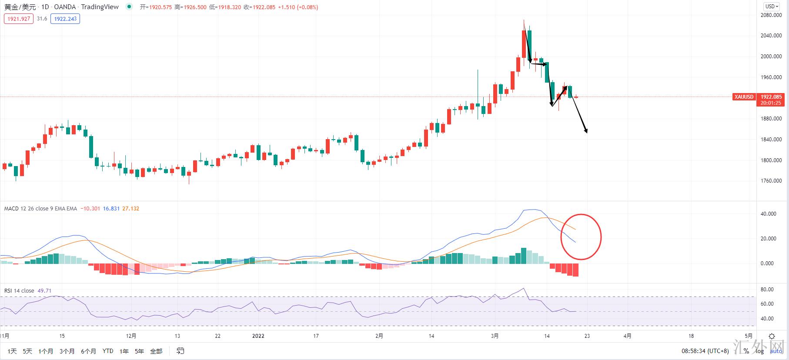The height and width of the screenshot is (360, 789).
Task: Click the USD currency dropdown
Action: coord(772,6)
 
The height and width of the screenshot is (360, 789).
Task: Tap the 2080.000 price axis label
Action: coord(771,15)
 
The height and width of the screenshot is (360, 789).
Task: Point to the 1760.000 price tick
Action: coord(771,181)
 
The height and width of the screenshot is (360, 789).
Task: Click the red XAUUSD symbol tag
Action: coord(744,97)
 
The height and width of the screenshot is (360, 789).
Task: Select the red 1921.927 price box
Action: coord(19,19)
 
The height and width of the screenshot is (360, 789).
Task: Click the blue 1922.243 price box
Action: coord(65,19)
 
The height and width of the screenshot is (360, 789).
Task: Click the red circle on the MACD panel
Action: coord(581,237)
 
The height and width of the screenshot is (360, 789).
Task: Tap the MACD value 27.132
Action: coord(130,209)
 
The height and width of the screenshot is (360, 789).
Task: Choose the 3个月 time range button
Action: coord(67,351)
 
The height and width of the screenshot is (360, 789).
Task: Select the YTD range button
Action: coord(107,351)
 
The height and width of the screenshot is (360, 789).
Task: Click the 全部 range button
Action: coord(156,351)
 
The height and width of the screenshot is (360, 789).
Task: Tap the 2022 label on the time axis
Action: coord(258,336)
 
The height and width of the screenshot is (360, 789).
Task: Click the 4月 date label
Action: coord(627,336)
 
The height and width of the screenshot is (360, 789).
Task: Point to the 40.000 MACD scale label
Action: coord(768,214)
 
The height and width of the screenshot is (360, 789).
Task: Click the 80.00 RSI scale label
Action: coord(767,290)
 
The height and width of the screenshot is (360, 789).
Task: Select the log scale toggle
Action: coord(760,351)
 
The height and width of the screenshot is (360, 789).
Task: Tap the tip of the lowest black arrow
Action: coord(587,133)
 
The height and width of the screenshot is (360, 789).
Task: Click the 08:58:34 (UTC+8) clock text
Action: coord(705,351)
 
